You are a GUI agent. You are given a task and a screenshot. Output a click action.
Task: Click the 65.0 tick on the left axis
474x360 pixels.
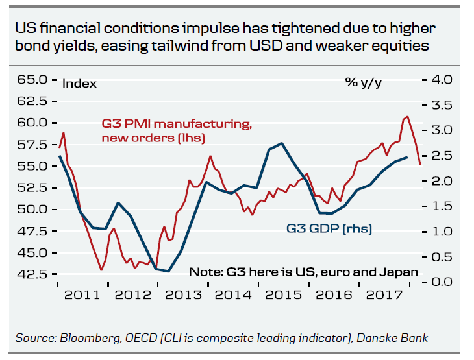pyautogui.click(x=32, y=80)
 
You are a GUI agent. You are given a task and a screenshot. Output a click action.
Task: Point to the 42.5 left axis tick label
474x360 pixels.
pyautogui.click(x=32, y=274)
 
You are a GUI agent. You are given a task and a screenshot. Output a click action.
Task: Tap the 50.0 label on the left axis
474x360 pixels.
pyautogui.click(x=32, y=209)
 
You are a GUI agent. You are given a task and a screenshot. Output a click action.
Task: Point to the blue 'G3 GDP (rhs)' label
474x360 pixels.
pyautogui.click(x=329, y=228)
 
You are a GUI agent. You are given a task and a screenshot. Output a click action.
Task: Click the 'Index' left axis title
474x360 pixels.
pyautogui.click(x=79, y=83)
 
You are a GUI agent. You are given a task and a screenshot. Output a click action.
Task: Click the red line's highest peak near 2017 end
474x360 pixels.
pyautogui.click(x=407, y=117)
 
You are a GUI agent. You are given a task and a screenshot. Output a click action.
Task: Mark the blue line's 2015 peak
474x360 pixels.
pyautogui.click(x=281, y=143)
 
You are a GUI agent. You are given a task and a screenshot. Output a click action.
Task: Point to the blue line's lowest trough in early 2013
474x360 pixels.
pyautogui.click(x=168, y=271)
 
